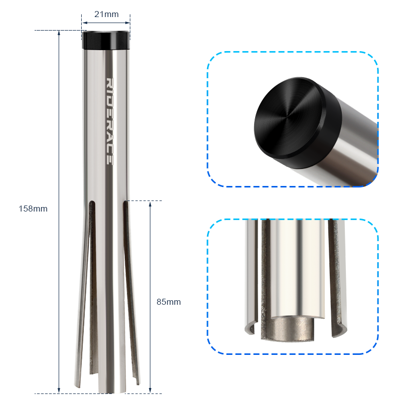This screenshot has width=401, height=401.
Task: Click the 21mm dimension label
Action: pos(106,14)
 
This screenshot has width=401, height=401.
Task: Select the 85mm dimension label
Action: pos(168,302)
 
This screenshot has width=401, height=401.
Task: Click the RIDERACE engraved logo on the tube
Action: pos(109,121)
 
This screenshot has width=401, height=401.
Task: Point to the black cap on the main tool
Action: pos(106,40)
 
